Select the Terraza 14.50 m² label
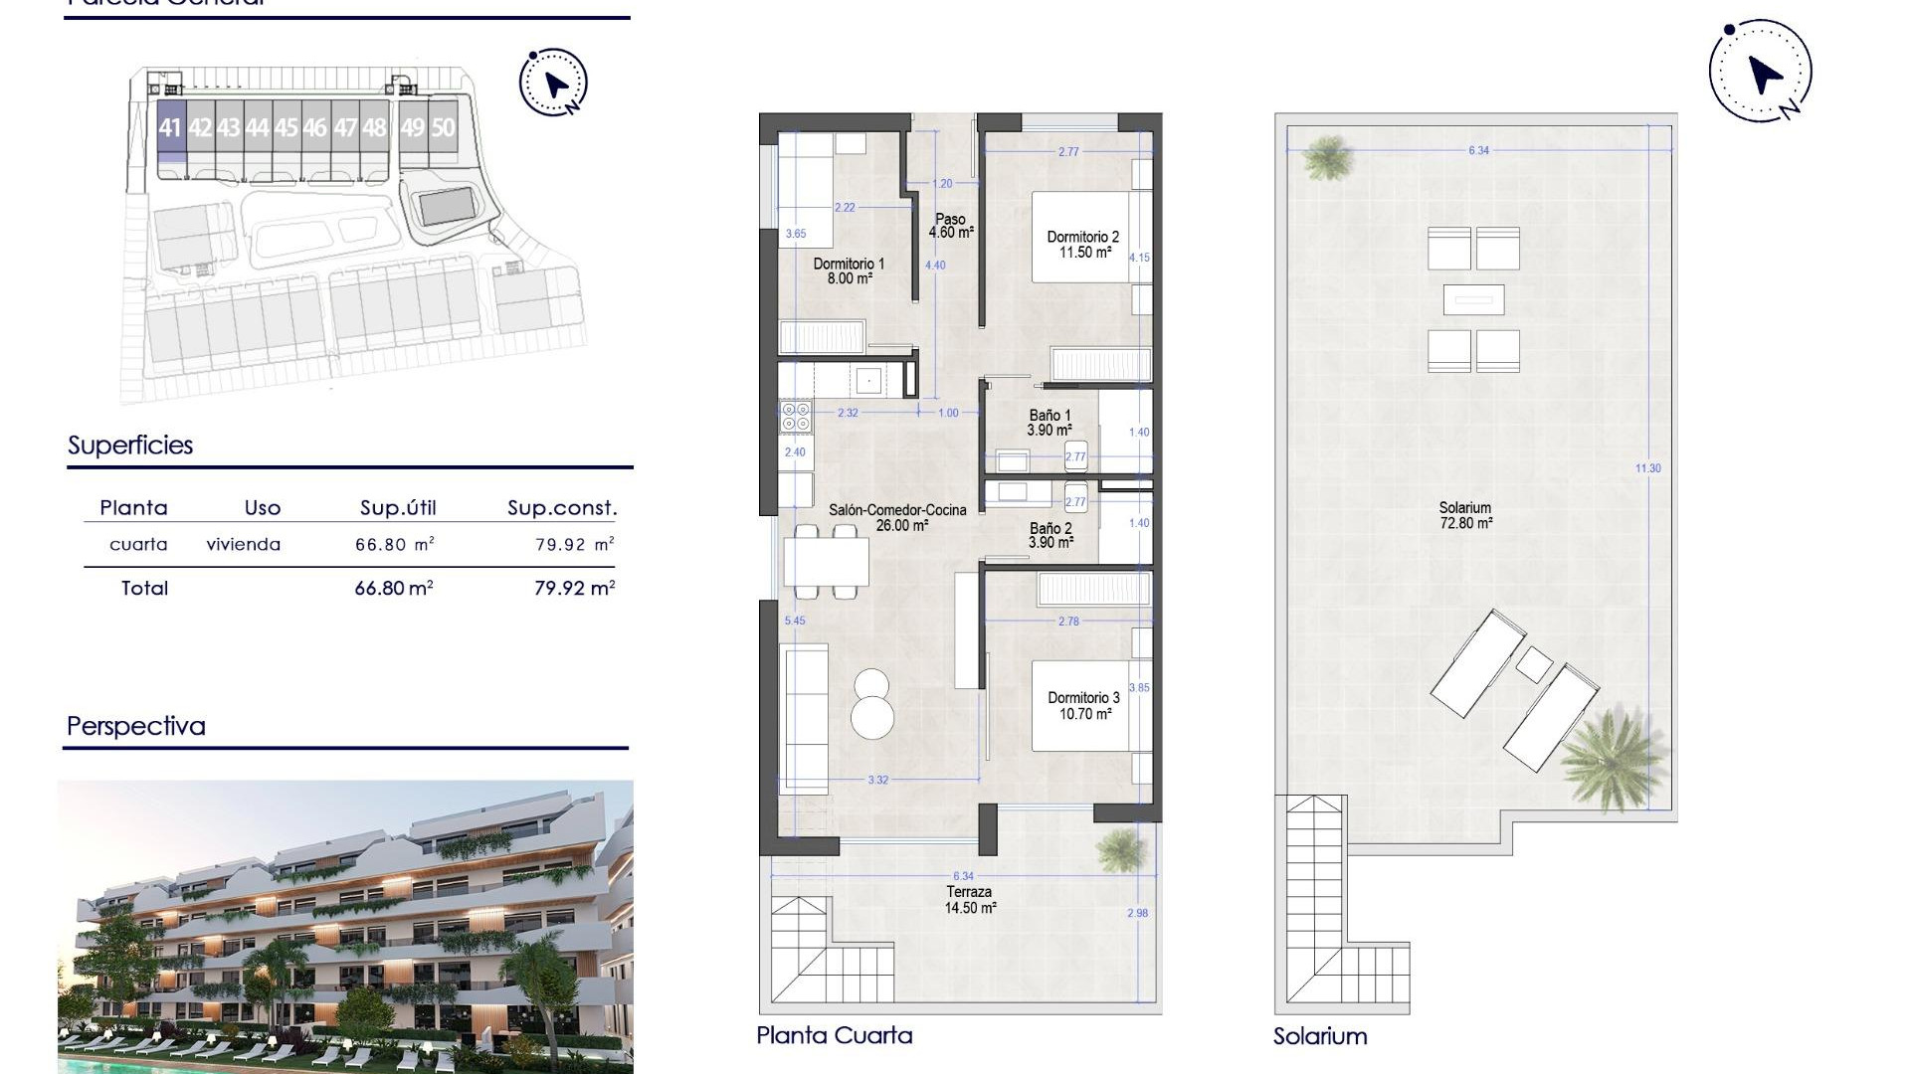pyautogui.click(x=970, y=900)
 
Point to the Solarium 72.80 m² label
pyautogui.click(x=1465, y=515)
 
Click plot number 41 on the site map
pyautogui.click(x=170, y=127)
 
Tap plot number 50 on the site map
pyautogui.click(x=443, y=127)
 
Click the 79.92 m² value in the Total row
pyautogui.click(x=574, y=588)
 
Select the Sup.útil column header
pyautogui.click(x=398, y=508)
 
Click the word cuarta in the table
pyautogui.click(x=138, y=544)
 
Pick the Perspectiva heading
pyautogui.click(x=136, y=726)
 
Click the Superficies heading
pyautogui.click(x=130, y=446)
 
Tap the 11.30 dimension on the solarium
pyautogui.click(x=1647, y=467)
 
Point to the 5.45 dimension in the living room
pyautogui.click(x=795, y=621)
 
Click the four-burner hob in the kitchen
pyautogui.click(x=796, y=417)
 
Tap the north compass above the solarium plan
pyautogui.click(x=1761, y=72)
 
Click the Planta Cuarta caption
pyautogui.click(x=834, y=1035)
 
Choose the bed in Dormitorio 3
pyautogui.click(x=1081, y=706)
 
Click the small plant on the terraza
pyautogui.click(x=1121, y=849)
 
